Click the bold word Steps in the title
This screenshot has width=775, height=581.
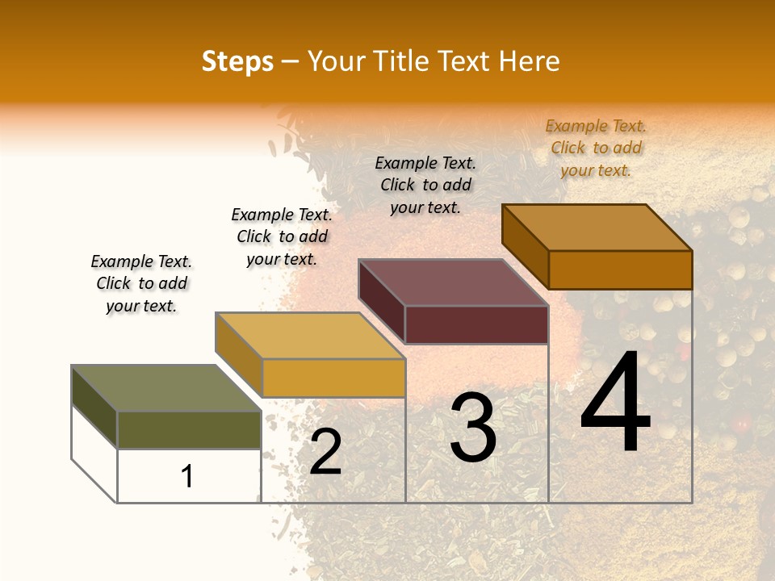pyautogui.click(x=237, y=61)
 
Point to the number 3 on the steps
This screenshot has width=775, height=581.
pyautogui.click(x=472, y=428)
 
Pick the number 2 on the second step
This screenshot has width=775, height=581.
pyautogui.click(x=325, y=452)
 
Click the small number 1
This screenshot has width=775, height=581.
pyautogui.click(x=187, y=477)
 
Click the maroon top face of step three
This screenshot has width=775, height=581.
pyautogui.click(x=453, y=282)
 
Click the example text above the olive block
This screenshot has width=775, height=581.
pyautogui.click(x=141, y=283)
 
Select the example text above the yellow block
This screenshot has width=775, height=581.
pyautogui.click(x=282, y=236)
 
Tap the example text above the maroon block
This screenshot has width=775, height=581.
pyautogui.click(x=425, y=185)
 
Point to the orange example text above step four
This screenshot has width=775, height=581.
pyautogui.click(x=596, y=148)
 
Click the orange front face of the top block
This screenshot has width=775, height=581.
pyautogui.click(x=620, y=270)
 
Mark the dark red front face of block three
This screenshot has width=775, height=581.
pyautogui.click(x=476, y=324)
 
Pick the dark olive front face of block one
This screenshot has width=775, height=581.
pyautogui.click(x=189, y=429)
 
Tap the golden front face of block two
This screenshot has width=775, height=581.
pyautogui.click(x=333, y=378)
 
